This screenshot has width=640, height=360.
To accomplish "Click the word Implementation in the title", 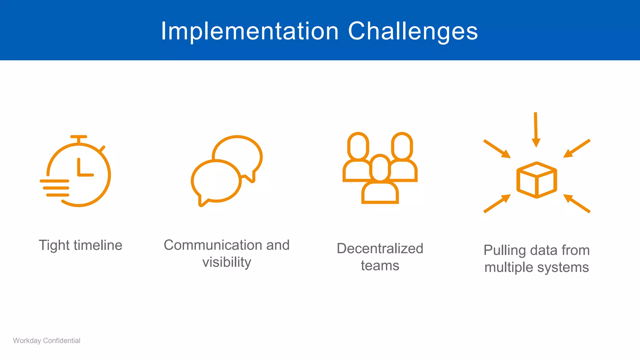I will (x=250, y=31).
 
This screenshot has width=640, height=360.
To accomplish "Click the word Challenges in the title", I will (x=413, y=31).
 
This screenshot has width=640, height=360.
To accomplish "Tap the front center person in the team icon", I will (x=380, y=184).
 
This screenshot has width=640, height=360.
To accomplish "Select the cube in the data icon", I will (x=537, y=180).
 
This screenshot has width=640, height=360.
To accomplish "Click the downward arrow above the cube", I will (x=536, y=130).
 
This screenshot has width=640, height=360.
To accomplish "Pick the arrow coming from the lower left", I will (x=497, y=204).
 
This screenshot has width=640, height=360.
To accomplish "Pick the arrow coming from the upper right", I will (x=577, y=148).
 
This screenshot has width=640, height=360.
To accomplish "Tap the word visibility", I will (x=227, y=262).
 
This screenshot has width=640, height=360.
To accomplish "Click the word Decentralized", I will (x=380, y=249).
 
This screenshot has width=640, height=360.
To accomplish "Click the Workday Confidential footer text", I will (x=47, y=341).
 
